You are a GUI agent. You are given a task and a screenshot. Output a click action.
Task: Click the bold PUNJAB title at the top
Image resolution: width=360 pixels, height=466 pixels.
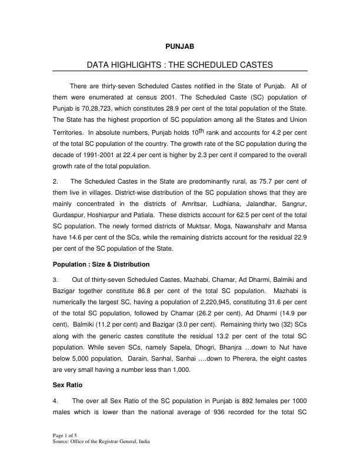pyautogui.click(x=179, y=45)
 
